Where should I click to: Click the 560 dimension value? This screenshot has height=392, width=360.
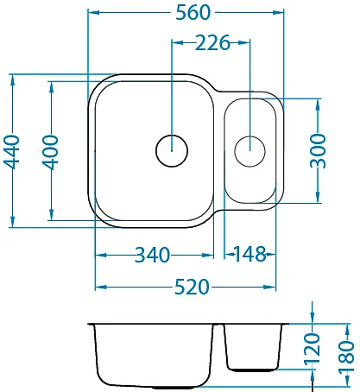coord(193,13)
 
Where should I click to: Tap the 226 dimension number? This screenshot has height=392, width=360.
coord(212,43)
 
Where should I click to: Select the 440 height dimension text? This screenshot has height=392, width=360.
coord(12,151)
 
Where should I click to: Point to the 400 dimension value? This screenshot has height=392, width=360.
coord(51,152)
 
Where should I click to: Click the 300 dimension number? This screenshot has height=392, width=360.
coord(318,151)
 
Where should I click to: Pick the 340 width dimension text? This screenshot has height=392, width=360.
coord(153,255)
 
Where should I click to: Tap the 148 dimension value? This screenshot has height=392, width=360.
coord(249,255)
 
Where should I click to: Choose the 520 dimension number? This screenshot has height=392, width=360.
coord(192,288)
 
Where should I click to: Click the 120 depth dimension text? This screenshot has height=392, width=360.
coord(313,348)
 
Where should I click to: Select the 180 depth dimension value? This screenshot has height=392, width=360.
coord(346,357)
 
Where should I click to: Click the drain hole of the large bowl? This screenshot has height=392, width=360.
coord(172,150)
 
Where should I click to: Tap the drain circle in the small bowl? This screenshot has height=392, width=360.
coord(249,151)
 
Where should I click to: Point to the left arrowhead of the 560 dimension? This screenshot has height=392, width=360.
coord(93,12)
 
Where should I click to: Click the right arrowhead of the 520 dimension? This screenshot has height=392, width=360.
coord(269,287)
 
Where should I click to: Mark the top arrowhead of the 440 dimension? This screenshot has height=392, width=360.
coord(12,80)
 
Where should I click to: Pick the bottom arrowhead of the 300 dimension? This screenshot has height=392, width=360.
coord(318,197)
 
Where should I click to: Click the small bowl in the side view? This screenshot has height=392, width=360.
coord(252,347)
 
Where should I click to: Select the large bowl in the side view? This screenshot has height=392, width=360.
coord(154,357)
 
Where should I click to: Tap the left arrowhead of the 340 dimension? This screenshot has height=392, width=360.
coord(101,255)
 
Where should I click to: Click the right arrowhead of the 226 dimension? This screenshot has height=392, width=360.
coord(243,43)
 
